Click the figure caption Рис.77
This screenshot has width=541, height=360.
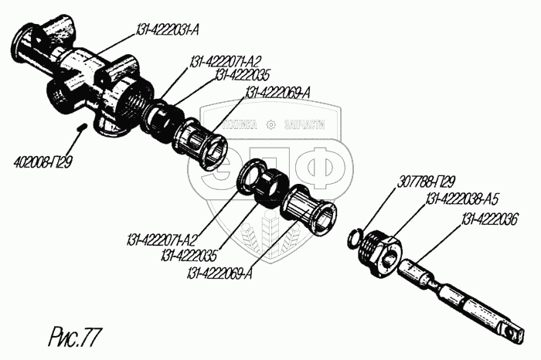pyautogui.click(x=74, y=336)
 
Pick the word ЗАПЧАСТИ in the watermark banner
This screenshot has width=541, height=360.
pyautogui.click(x=303, y=125)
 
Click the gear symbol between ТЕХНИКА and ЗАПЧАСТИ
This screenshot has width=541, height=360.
pyautogui.click(x=270, y=125)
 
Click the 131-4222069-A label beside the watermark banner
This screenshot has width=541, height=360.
pyautogui.click(x=278, y=93)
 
